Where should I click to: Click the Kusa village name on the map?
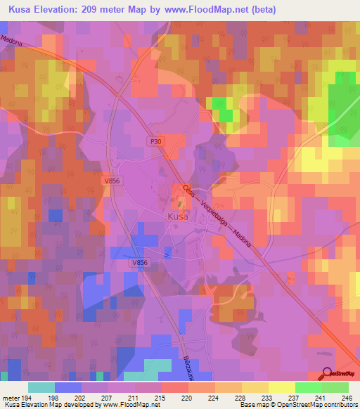click(176, 218)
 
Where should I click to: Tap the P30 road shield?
click(155, 141)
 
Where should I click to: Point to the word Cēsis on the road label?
click(188, 191)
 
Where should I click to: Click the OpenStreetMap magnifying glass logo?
click(328, 375)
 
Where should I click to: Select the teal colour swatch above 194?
click(41, 387)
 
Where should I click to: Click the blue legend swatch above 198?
click(67, 387)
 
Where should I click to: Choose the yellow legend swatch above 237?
click(281, 387)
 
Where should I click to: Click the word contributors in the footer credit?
click(338, 405)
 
